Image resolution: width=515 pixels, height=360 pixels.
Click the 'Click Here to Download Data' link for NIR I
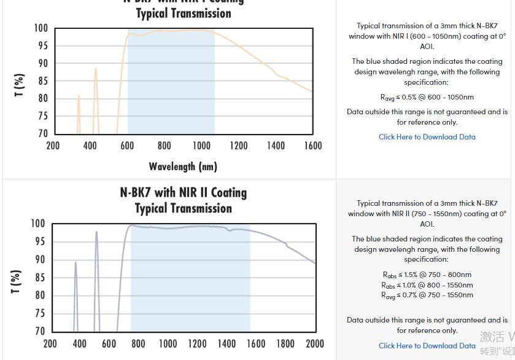click(x=427, y=137)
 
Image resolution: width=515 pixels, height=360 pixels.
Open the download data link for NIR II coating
click(x=427, y=346)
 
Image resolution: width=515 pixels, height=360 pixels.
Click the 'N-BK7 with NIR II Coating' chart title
click(x=184, y=193)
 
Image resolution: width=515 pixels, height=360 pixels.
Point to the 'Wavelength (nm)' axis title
click(x=183, y=166)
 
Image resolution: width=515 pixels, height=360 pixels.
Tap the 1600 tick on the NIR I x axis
click(x=313, y=146)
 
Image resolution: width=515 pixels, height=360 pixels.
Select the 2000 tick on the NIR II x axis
click(x=315, y=343)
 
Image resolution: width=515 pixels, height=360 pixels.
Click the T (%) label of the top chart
click(x=20, y=85)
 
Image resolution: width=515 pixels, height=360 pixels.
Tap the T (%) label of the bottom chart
click(x=17, y=281)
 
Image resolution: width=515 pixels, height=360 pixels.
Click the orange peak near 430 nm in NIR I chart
click(x=96, y=69)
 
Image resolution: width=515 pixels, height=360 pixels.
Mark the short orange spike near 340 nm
click(x=79, y=96)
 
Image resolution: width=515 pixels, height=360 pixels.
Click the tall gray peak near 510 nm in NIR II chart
click(x=96, y=232)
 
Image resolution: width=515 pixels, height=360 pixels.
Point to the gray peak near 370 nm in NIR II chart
click(x=76, y=263)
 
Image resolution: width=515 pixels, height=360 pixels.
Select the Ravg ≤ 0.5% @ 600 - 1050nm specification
click(x=427, y=97)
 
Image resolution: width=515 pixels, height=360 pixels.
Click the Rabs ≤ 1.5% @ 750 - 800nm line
click(x=427, y=275)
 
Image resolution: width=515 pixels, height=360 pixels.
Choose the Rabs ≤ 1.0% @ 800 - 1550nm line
click(x=427, y=285)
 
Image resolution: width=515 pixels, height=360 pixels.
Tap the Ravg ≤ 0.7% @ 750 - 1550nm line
click(x=427, y=295)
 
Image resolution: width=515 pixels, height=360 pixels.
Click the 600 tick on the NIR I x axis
click(x=127, y=146)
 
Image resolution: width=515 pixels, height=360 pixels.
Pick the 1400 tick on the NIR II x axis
click(x=227, y=343)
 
